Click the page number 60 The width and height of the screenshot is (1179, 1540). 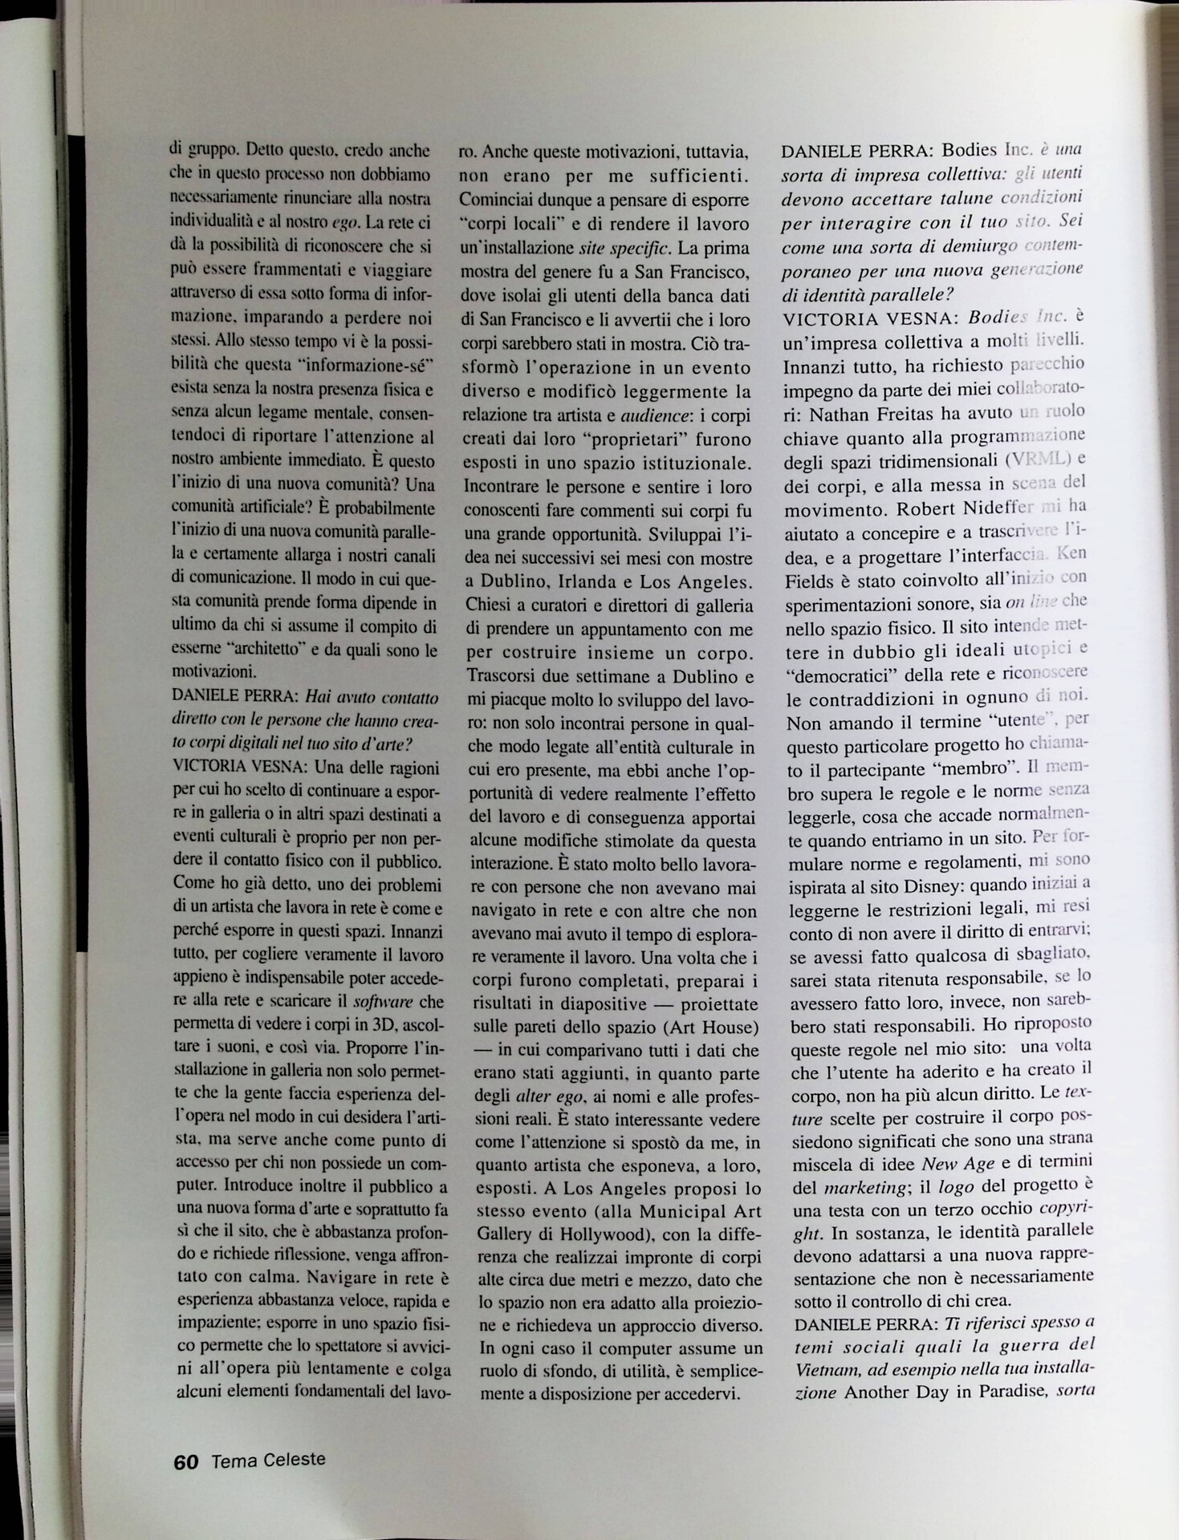[185, 1461]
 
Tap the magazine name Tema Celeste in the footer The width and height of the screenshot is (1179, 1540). [268, 1460]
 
